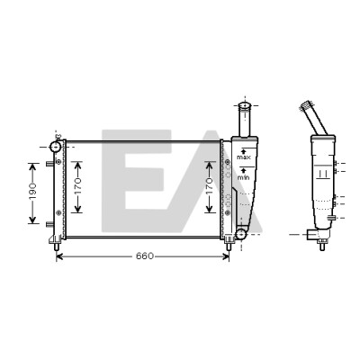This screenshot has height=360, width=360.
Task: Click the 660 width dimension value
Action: pyautogui.click(x=145, y=256)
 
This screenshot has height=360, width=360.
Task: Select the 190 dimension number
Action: pyautogui.click(x=32, y=191)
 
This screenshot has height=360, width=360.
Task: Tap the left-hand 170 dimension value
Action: pyautogui.click(x=77, y=186)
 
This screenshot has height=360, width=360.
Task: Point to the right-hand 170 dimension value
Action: pyautogui.click(x=210, y=186)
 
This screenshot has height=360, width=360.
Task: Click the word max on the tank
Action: pyautogui.click(x=244, y=157)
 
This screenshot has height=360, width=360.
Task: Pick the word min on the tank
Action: pyautogui.click(x=244, y=177)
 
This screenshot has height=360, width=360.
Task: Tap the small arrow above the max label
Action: pyautogui.click(x=244, y=151)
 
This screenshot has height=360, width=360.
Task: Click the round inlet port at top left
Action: pyautogui.click(x=56, y=147)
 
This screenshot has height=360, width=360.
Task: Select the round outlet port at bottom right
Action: pyautogui.click(x=241, y=234)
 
